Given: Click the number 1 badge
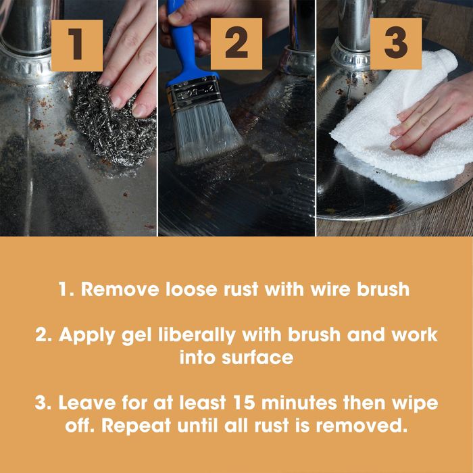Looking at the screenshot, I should point(76,45).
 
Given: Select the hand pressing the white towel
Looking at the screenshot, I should point(432,118).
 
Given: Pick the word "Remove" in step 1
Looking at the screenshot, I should point(118,290).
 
